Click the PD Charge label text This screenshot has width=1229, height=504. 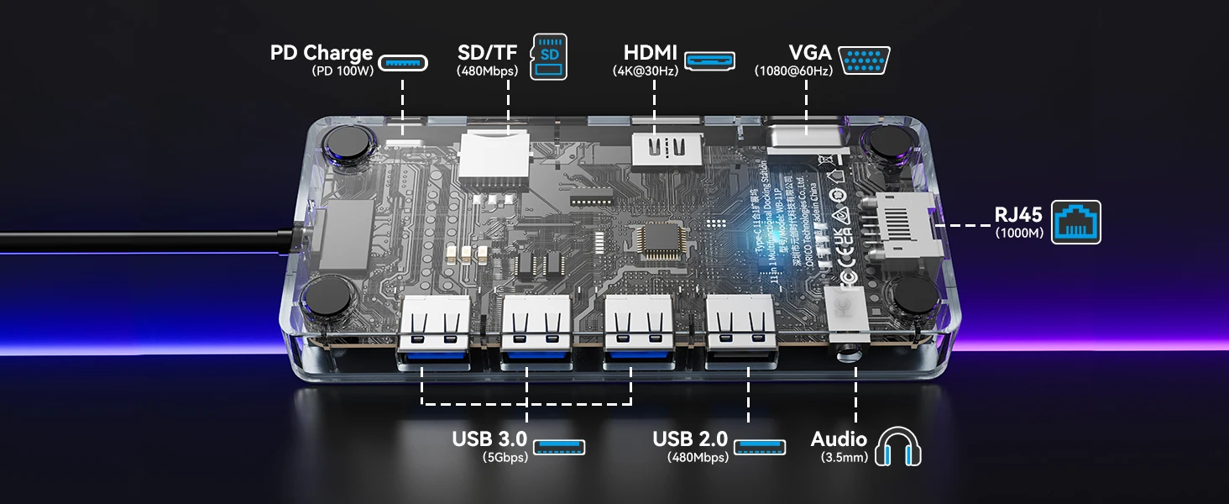point(321,53)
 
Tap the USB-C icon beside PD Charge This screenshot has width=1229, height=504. point(403,62)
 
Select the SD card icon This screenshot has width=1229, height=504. point(550,57)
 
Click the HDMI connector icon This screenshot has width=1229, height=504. point(710,60)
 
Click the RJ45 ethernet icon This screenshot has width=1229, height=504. point(1077,222)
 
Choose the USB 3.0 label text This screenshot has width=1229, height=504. point(489,438)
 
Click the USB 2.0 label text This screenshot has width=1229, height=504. point(690,438)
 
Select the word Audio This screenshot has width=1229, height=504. point(839,438)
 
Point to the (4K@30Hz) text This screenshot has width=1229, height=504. point(646,71)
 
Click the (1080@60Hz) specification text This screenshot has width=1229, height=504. point(793,71)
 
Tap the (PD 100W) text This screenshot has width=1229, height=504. point(342,71)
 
